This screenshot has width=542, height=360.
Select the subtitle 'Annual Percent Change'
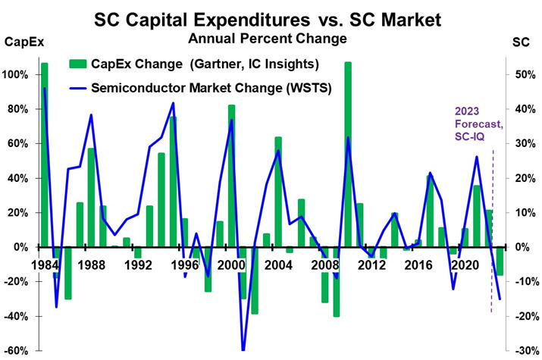271,36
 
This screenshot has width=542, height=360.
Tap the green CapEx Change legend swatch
77,63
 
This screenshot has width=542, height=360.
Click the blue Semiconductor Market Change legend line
77,87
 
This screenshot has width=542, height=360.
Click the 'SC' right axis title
522,43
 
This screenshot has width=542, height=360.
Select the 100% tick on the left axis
17,75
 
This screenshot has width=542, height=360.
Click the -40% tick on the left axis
17,316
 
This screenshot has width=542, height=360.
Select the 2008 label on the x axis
324,265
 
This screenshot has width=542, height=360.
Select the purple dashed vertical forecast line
493,227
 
